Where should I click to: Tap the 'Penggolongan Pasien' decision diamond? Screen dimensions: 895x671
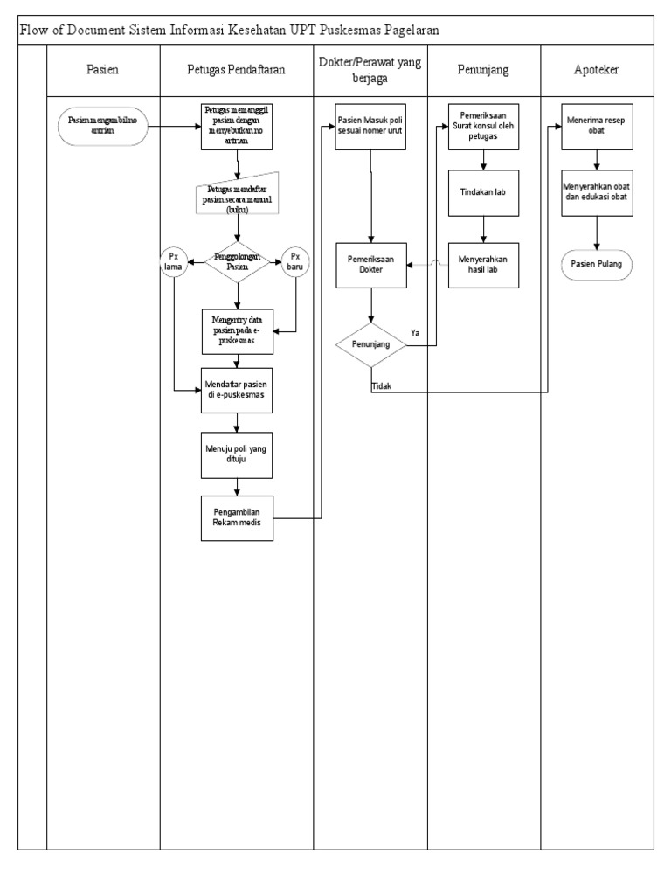point(238,264)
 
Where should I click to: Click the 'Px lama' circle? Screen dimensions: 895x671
point(173,262)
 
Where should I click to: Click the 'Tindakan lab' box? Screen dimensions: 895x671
point(482,192)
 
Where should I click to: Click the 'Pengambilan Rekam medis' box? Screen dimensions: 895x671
point(237,517)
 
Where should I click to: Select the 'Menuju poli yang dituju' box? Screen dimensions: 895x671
point(237,455)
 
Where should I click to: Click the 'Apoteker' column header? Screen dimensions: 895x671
point(596,69)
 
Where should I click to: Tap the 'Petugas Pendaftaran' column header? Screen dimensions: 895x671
point(237,69)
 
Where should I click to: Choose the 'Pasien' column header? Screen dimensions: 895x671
point(102,69)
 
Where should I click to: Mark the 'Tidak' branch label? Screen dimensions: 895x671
point(382,385)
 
